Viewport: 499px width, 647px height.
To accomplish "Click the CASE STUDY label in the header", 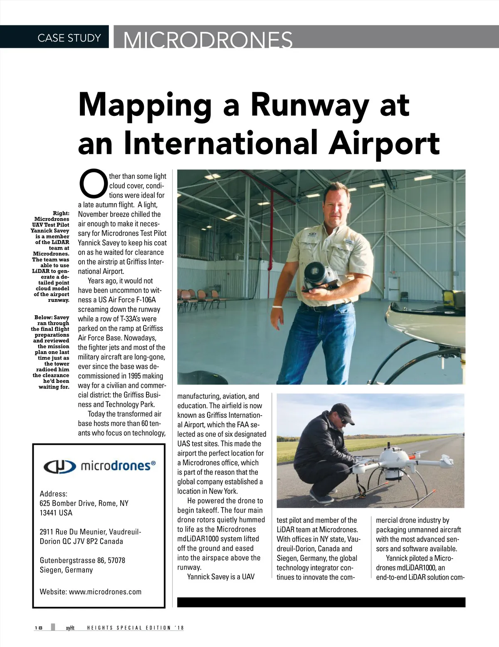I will pos(69,38).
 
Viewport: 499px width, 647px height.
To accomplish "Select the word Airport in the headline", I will pos(384,143).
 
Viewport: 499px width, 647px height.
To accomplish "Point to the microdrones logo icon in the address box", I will pos(59,466).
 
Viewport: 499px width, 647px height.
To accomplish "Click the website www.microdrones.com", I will pos(105,592).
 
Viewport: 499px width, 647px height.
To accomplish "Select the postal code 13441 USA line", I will pos(56,513).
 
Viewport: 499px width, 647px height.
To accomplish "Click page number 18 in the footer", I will pos(38,628).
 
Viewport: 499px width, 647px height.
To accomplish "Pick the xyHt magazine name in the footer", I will pos(70,628).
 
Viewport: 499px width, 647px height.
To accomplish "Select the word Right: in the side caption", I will pos(61,213).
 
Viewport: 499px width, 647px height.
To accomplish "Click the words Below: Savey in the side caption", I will pos(52,317).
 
